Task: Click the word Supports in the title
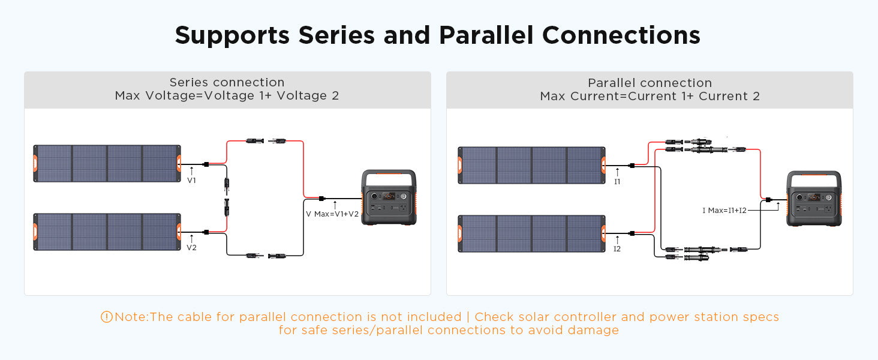[232, 36]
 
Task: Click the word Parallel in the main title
[486, 35]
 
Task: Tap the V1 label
[191, 181]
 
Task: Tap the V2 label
[191, 248]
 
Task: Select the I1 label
[617, 182]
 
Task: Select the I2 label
[617, 249]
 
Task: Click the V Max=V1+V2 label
[332, 214]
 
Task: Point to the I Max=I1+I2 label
[724, 211]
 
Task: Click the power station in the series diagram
[389, 197]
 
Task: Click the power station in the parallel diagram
[814, 199]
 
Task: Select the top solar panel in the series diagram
[107, 164]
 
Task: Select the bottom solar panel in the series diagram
[107, 232]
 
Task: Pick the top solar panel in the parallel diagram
[532, 165]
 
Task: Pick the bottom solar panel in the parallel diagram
[532, 234]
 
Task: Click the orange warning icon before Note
[107, 317]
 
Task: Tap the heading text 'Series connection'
[227, 82]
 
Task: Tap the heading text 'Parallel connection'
[650, 83]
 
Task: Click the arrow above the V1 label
[192, 171]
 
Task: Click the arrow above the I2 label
[617, 239]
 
